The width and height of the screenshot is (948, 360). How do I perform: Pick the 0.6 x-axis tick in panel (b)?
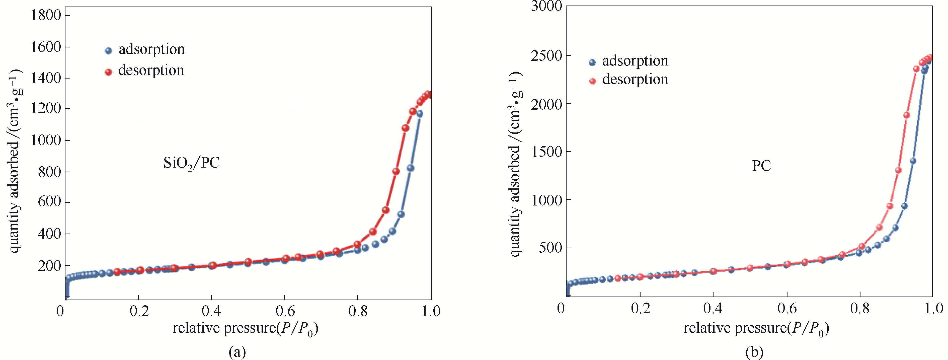tap(787, 309)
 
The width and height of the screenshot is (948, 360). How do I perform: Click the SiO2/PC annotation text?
tap(191, 163)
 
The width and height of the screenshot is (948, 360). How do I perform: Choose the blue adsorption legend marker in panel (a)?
tap(108, 51)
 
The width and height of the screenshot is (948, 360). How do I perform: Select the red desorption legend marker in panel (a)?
tap(108, 72)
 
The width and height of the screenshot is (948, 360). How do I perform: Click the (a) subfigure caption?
tap(237, 352)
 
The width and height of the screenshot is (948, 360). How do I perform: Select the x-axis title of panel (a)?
tap(246, 328)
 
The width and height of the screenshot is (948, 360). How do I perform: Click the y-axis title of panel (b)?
tap(515, 164)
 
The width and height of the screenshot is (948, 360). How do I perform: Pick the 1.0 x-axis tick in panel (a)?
tap(431, 311)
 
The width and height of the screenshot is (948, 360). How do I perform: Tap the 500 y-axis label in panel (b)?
tap(550, 248)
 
